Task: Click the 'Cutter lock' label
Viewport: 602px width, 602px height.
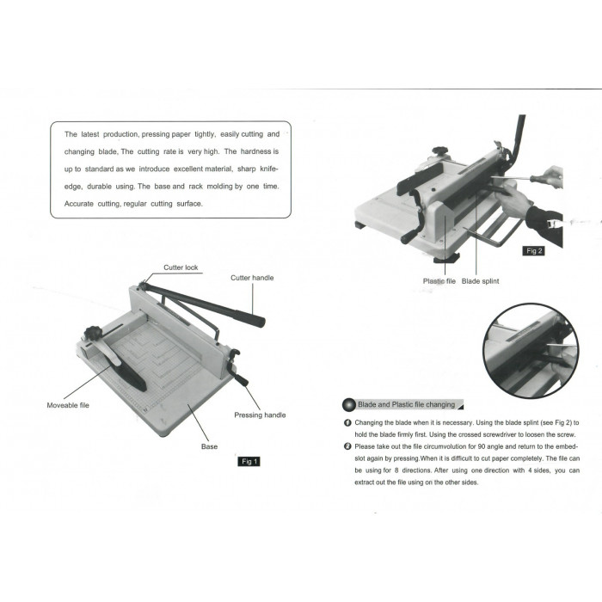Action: (x=181, y=267)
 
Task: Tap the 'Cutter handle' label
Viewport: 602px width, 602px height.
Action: (x=252, y=278)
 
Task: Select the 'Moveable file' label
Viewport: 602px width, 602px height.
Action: (x=68, y=405)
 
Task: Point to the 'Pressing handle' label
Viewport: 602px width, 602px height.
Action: (x=260, y=415)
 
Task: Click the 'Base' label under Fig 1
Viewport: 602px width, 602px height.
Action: (x=209, y=446)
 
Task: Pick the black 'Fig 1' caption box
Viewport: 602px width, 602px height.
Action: (x=249, y=461)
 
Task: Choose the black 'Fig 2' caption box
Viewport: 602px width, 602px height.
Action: (x=534, y=251)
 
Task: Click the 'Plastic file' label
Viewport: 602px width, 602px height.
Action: (x=439, y=281)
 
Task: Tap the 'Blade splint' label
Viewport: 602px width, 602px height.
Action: (x=480, y=281)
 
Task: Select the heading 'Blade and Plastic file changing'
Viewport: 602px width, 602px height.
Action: (x=406, y=404)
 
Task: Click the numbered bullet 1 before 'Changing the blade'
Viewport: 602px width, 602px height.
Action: (x=347, y=423)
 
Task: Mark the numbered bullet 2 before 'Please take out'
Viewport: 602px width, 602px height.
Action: (x=347, y=446)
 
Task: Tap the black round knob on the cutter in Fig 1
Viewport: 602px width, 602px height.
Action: (x=93, y=333)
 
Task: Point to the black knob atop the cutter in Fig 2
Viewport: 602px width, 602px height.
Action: (x=441, y=150)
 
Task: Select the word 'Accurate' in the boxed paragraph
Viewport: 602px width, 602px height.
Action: (x=79, y=204)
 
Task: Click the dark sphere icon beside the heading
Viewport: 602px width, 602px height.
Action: (x=349, y=405)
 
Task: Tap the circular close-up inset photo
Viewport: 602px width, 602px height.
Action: (x=531, y=351)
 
